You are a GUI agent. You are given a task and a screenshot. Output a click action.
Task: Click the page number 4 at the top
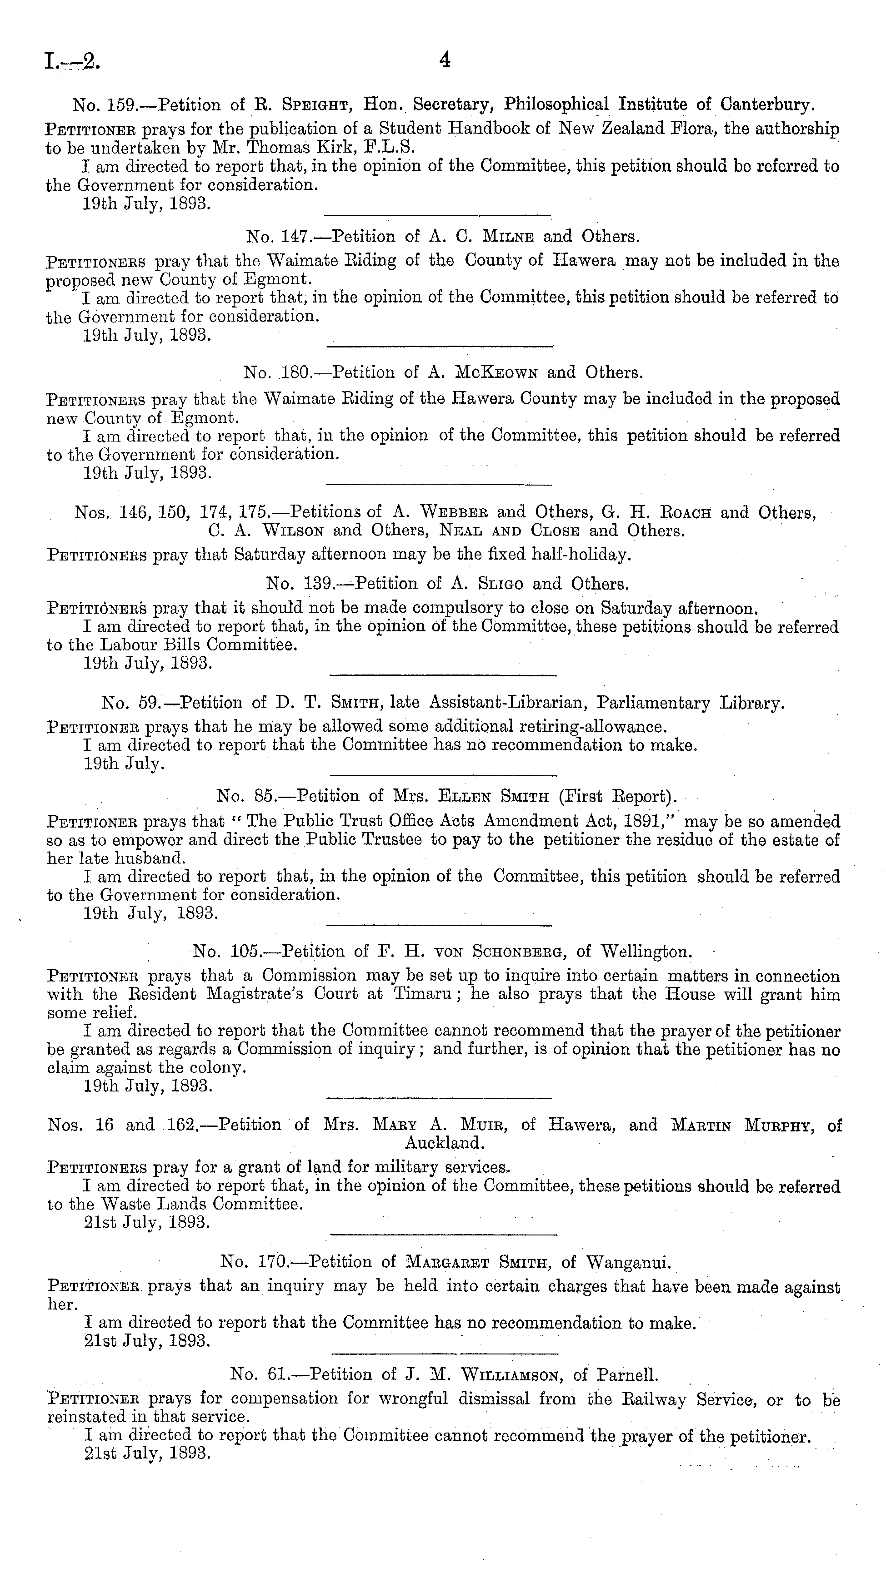(445, 60)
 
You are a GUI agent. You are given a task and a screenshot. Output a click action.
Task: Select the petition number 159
(121, 105)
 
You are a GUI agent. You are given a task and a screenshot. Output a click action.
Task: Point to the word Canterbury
(767, 105)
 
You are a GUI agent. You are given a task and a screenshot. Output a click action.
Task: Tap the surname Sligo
(494, 584)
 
